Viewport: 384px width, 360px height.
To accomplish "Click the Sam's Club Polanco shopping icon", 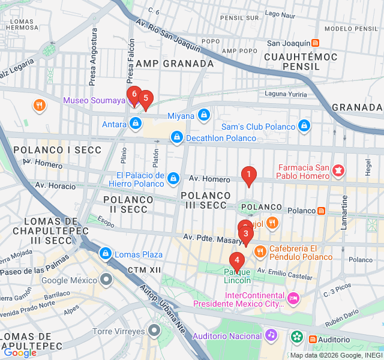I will coord(304,126).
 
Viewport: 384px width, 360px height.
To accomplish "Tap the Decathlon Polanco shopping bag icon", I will coord(176,138).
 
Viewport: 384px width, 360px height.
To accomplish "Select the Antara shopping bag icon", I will coord(136,124).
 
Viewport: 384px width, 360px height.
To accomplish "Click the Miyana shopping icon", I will coord(204,115).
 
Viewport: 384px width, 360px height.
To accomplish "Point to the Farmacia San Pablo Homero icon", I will coord(338,172).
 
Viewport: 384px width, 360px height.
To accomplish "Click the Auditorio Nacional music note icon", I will coord(271,335).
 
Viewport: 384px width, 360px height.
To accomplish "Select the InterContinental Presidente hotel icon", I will coord(293,298).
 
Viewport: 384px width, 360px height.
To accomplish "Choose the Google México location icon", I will coord(107,280).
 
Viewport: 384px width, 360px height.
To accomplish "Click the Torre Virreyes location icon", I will coord(155,330).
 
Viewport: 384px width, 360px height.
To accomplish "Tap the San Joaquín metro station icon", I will coord(316,43).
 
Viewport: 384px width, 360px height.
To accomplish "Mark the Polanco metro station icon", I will coord(322,211).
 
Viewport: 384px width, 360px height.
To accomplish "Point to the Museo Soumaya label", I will coord(94,100).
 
